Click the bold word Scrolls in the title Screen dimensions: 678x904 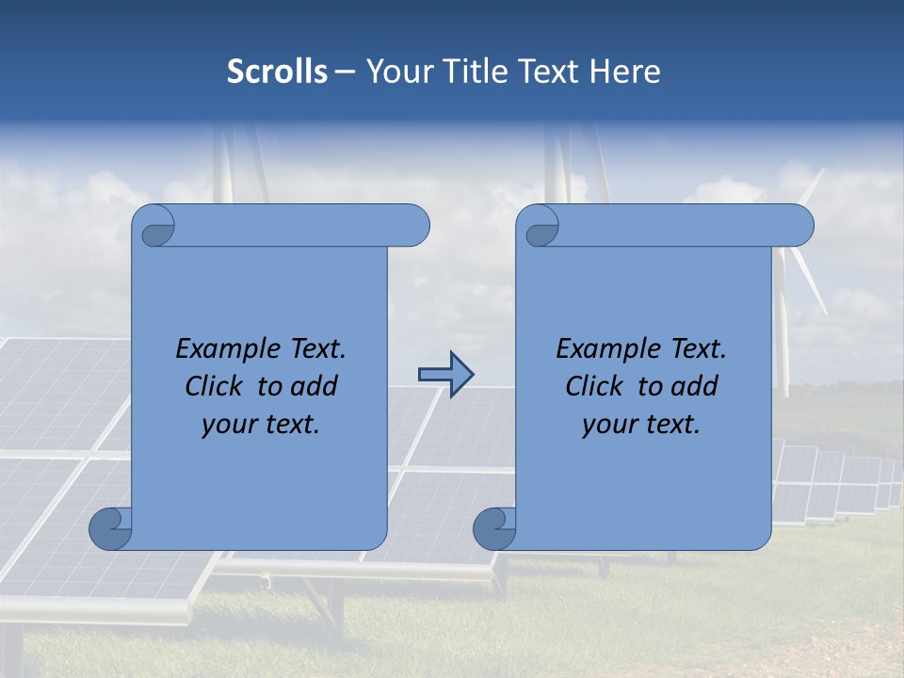[277, 72]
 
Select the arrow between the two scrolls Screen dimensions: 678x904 [445, 375]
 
